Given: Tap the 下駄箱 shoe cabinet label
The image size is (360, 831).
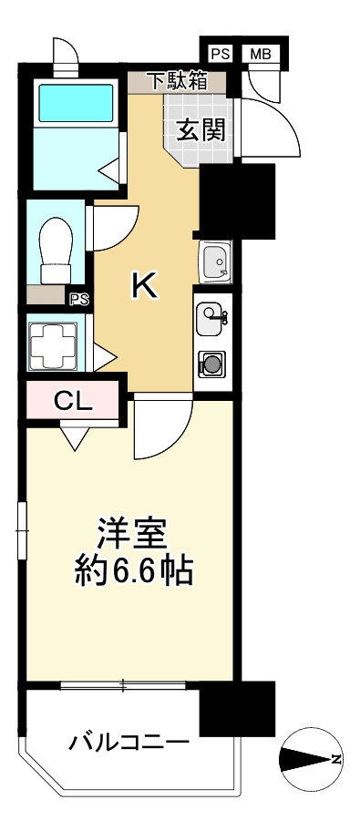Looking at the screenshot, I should [178, 80].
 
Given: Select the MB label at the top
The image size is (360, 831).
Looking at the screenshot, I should [261, 54].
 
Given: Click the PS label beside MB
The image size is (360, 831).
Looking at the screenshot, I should [220, 54].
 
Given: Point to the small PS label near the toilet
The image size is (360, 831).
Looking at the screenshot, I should [78, 298].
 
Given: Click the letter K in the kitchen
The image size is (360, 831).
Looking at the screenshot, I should [145, 286].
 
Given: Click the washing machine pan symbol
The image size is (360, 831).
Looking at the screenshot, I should [48, 344].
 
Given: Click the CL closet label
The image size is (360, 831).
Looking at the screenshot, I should [72, 400].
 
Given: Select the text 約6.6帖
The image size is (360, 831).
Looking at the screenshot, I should [132, 571].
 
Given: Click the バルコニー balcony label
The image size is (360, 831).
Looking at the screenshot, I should [129, 743].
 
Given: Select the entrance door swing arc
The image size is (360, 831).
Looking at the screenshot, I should [273, 128].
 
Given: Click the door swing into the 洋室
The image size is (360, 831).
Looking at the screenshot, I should [162, 428].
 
